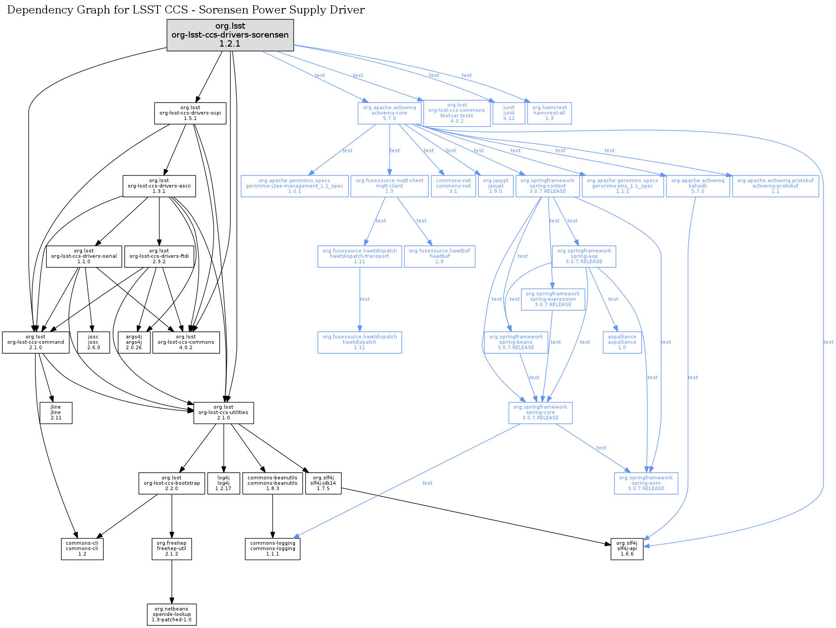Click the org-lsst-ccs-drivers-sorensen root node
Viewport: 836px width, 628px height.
(x=230, y=35)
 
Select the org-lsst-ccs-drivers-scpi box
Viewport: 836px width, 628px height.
(x=190, y=113)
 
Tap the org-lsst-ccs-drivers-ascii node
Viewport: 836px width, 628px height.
(x=159, y=186)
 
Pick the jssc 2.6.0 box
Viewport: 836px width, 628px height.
(x=94, y=342)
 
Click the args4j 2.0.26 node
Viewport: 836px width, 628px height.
(x=134, y=342)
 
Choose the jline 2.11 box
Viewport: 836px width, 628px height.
(x=56, y=413)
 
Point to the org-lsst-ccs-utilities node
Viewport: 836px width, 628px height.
(x=223, y=413)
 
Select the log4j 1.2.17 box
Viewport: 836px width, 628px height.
(x=223, y=483)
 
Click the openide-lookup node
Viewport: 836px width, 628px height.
(x=172, y=615)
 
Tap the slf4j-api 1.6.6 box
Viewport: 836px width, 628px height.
(x=627, y=549)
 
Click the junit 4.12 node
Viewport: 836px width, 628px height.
(x=509, y=113)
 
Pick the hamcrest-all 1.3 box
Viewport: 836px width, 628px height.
(x=550, y=113)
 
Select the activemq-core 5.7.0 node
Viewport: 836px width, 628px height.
(x=389, y=113)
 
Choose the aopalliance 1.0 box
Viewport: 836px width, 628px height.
(x=622, y=342)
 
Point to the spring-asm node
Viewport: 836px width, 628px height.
(x=646, y=483)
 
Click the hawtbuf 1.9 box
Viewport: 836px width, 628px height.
(x=439, y=256)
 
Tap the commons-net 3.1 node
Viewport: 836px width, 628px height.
(x=453, y=186)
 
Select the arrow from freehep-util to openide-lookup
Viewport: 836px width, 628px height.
(x=172, y=582)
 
